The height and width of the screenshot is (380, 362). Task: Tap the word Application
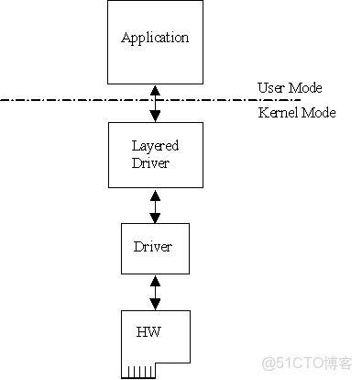click(x=155, y=38)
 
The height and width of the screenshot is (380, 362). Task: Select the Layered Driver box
click(x=155, y=156)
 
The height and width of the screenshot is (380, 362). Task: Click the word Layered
click(x=154, y=146)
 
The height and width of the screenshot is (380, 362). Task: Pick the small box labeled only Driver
click(x=154, y=247)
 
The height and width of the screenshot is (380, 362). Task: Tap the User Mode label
click(x=290, y=88)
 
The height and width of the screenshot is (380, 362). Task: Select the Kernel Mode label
click(x=296, y=113)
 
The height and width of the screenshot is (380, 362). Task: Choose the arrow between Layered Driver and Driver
click(x=155, y=206)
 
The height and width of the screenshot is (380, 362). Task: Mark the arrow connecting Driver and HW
click(x=155, y=292)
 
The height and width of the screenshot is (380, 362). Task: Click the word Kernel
click(x=277, y=113)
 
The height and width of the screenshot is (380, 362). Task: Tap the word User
click(x=271, y=88)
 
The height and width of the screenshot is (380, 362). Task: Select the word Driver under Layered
click(x=151, y=162)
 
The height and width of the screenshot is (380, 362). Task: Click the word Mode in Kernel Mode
click(x=318, y=113)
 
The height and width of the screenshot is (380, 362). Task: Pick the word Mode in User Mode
click(x=306, y=88)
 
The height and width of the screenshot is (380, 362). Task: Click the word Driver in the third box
click(x=154, y=247)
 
